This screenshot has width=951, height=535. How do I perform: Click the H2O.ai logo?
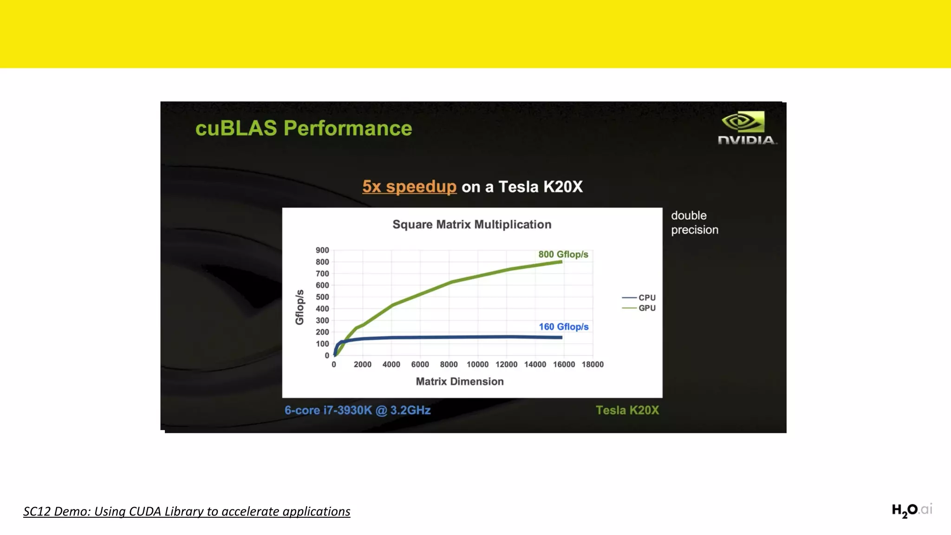[x=911, y=510]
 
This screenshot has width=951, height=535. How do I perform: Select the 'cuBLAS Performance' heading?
[x=304, y=128]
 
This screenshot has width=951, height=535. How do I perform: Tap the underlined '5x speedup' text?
[x=409, y=187]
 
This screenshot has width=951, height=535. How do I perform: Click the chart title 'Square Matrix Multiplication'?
[x=472, y=224]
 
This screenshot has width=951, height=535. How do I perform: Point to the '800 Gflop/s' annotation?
[x=563, y=254]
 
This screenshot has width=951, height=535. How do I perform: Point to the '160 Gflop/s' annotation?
[x=563, y=326]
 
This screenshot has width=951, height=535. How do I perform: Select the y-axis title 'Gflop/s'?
[x=300, y=307]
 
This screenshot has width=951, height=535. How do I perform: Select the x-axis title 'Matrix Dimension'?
[x=460, y=381]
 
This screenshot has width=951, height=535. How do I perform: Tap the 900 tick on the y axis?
[x=322, y=250]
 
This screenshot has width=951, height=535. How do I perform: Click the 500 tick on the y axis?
[x=322, y=297]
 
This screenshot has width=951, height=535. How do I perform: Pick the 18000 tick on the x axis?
[x=593, y=365]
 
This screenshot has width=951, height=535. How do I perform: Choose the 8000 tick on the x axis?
[x=449, y=365]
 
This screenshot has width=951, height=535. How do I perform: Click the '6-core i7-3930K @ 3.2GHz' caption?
[x=358, y=410]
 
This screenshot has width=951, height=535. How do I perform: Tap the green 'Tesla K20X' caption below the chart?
[x=627, y=410]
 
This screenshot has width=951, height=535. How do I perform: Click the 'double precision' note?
[x=694, y=222]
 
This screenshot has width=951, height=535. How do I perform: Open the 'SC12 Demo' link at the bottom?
[x=187, y=511]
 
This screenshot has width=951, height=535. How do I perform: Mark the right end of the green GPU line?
[x=561, y=262]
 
